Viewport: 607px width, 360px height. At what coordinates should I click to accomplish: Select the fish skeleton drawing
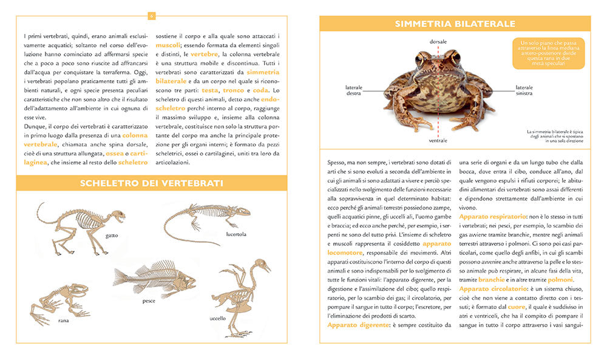click(x=155, y=278)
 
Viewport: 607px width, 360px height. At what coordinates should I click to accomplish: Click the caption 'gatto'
click(x=111, y=235)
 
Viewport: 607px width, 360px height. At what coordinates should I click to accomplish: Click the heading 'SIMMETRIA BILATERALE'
click(x=455, y=24)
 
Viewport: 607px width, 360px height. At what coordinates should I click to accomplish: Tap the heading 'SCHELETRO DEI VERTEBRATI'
click(x=152, y=183)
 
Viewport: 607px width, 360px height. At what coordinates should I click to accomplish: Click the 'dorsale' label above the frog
click(x=438, y=41)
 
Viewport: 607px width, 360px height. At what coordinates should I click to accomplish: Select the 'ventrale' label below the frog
click(x=438, y=141)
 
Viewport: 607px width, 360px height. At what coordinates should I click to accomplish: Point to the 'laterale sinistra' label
click(x=524, y=90)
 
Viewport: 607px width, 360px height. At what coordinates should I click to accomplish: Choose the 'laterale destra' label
click(x=354, y=90)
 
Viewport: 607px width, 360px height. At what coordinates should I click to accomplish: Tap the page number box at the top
click(x=152, y=16)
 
